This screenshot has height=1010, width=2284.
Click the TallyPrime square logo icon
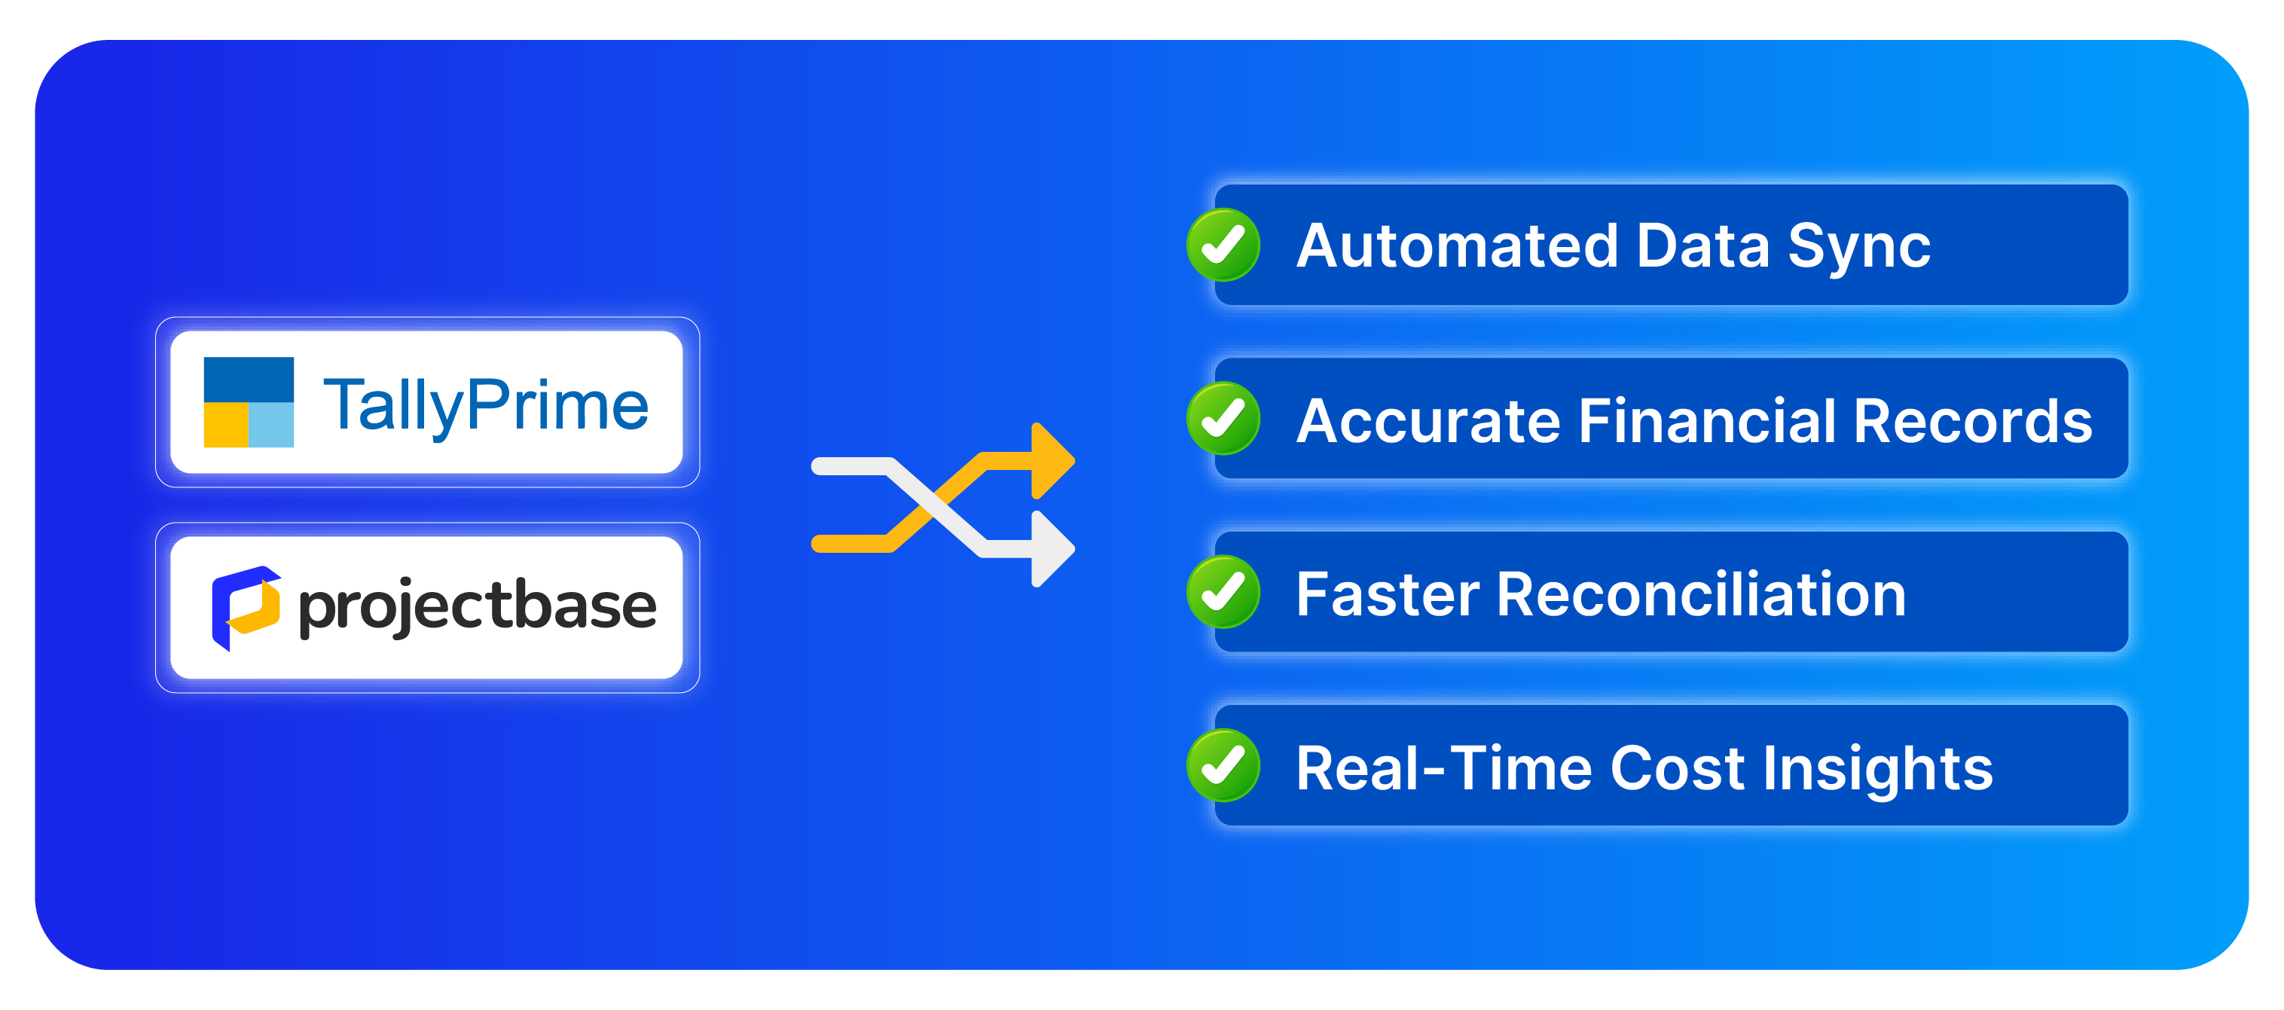[249, 401]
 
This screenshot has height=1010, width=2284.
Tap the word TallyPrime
[486, 405]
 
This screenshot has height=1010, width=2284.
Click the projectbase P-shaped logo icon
[246, 607]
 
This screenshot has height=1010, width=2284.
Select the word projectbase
[477, 606]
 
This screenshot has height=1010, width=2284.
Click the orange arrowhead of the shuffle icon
[1052, 461]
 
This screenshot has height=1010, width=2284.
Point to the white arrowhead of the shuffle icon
[1052, 549]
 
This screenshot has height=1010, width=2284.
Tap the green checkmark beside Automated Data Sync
[1223, 245]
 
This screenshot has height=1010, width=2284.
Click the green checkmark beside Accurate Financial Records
[1223, 419]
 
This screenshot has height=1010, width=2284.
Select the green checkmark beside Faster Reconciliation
[1223, 592]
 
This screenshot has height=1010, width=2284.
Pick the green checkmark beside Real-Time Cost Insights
[1223, 766]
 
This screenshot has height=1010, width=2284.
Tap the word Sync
[1858, 247]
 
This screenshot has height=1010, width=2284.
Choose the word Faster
[1388, 594]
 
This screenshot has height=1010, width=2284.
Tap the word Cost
[1678, 768]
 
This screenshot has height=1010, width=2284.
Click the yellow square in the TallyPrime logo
[225, 425]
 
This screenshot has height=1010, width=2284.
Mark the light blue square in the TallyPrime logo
[271, 425]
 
